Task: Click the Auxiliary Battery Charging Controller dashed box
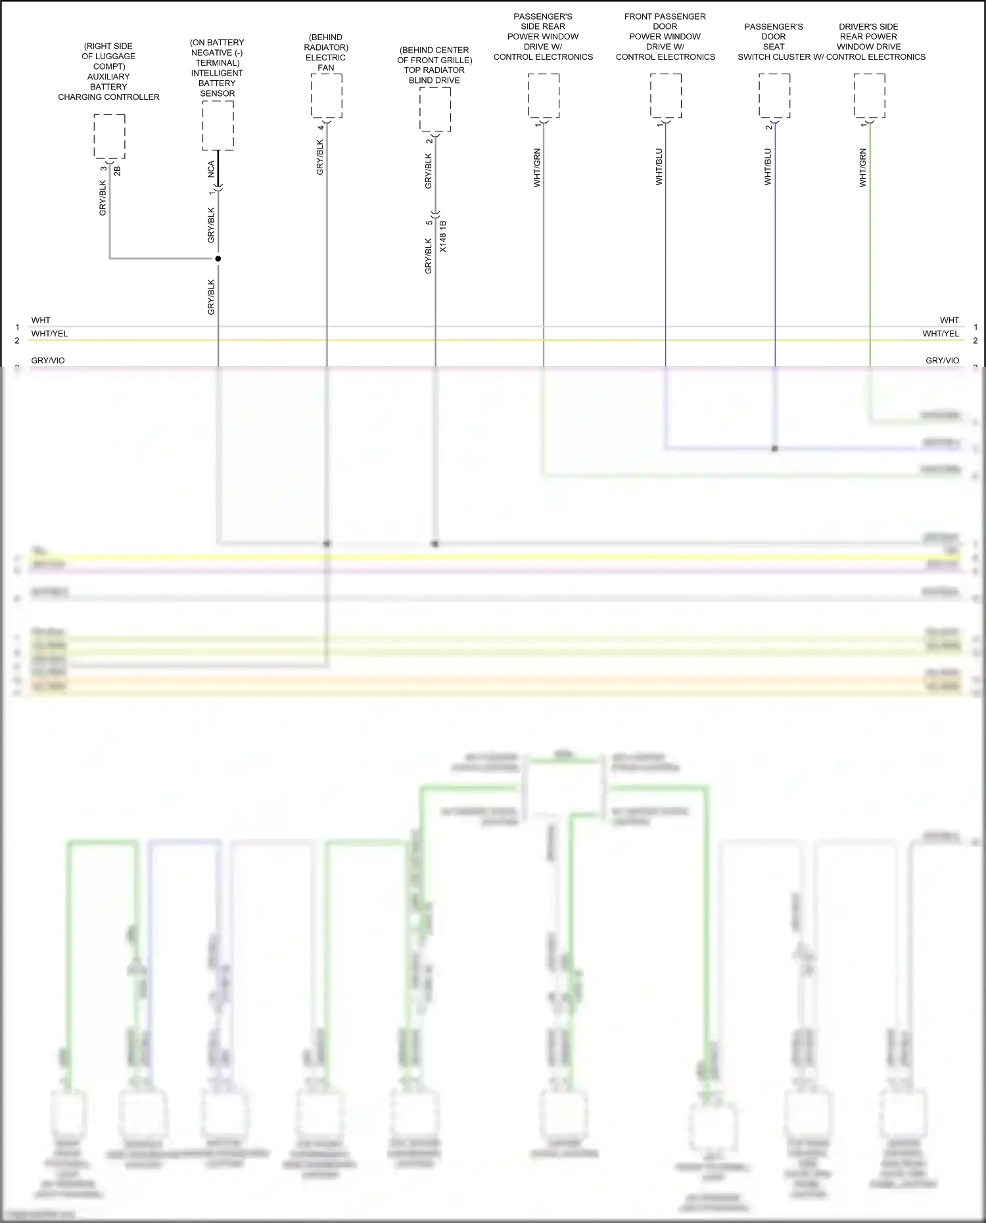pyautogui.click(x=109, y=136)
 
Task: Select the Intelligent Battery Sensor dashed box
pyautogui.click(x=218, y=126)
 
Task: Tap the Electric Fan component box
pyautogui.click(x=326, y=96)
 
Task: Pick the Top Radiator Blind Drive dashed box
pyautogui.click(x=434, y=109)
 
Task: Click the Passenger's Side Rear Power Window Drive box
pyautogui.click(x=544, y=96)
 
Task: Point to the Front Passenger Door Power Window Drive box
pyautogui.click(x=666, y=96)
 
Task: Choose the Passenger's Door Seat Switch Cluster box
pyautogui.click(x=774, y=96)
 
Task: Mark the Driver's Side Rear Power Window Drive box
pyautogui.click(x=869, y=96)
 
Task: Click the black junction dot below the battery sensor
pyautogui.click(x=218, y=258)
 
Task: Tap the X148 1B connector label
pyautogui.click(x=443, y=237)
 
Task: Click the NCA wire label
pyautogui.click(x=211, y=169)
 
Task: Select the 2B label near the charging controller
pyautogui.click(x=118, y=170)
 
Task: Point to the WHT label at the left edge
pyautogui.click(x=41, y=320)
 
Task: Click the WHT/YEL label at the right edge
pyautogui.click(x=941, y=334)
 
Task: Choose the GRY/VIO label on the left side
pyautogui.click(x=48, y=360)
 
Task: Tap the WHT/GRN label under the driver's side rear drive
pyautogui.click(x=863, y=168)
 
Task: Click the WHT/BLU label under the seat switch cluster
pyautogui.click(x=768, y=166)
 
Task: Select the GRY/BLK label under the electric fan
pyautogui.click(x=320, y=157)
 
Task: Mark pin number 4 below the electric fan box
pyautogui.click(x=321, y=127)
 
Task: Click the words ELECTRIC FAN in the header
pyautogui.click(x=325, y=62)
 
